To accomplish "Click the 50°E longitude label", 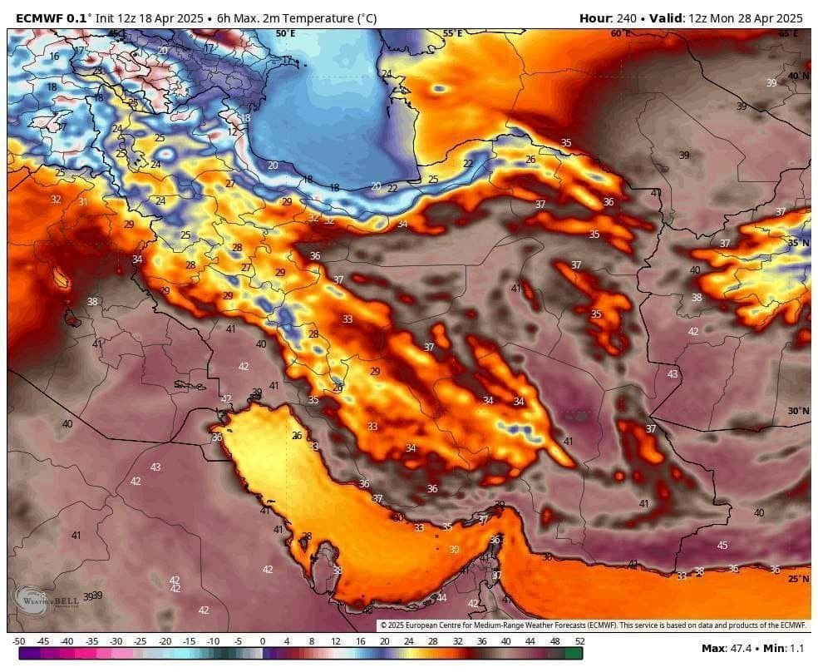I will pos(285,34).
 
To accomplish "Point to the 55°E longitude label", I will pos(452,34).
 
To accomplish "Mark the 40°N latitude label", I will pos(798,76).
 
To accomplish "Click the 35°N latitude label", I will pos(798,243).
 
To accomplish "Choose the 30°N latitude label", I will pos(798,411).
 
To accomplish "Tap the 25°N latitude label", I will pos(798,579).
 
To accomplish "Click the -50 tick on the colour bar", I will pos(18,640).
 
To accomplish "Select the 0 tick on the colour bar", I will pos(263,640).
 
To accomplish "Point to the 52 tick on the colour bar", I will pos(579,640).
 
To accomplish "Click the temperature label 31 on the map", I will pos(83,202).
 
